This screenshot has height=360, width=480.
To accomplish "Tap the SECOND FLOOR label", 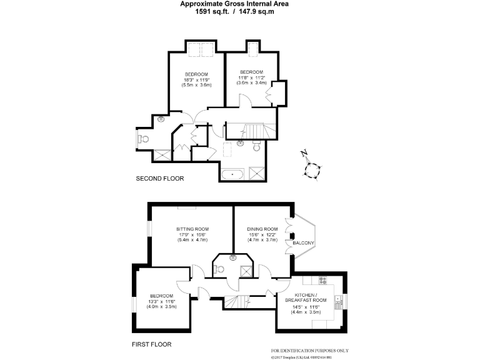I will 160,179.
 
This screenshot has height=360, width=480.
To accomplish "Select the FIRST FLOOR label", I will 151,344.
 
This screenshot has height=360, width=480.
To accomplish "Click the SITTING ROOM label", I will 192,229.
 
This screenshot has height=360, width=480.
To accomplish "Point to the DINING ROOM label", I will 262,229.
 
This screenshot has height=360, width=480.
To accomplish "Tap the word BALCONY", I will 304,242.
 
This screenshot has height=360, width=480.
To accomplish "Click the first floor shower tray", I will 247,270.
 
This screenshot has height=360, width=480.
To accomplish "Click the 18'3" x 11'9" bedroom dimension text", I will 196,79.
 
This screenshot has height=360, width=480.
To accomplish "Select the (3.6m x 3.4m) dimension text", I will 251,82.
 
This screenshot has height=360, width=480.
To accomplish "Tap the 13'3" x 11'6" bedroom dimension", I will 161,302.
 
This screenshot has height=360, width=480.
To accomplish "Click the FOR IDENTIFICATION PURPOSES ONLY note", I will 310,351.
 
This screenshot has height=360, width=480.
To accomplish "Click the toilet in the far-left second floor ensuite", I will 144,139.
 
